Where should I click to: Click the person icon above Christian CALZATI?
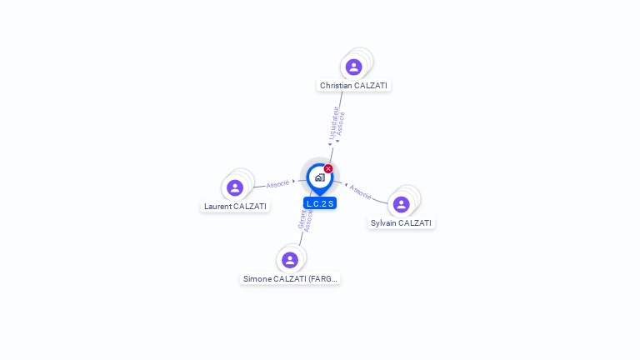[353, 67]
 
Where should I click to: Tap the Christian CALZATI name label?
[354, 85]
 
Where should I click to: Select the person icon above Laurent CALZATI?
[235, 187]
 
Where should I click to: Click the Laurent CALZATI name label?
[235, 206]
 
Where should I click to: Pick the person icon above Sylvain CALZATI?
[401, 204]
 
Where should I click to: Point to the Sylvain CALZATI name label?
[401, 222]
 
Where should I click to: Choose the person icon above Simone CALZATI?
[290, 260]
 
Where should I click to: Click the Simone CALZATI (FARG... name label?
[290, 278]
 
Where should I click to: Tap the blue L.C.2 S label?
[320, 203]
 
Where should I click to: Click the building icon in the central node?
[319, 177]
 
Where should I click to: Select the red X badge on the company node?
[328, 168]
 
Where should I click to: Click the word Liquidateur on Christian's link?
[332, 122]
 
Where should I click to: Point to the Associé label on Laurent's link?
[277, 183]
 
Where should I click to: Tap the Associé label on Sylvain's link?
[361, 192]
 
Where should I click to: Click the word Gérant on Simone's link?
[302, 218]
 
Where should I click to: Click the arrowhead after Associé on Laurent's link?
[293, 181]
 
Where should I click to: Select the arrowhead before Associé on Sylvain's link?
[346, 184]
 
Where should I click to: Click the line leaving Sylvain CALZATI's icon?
[379, 199]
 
